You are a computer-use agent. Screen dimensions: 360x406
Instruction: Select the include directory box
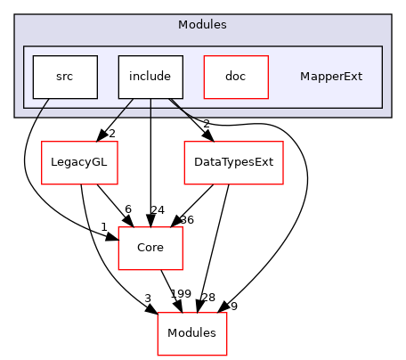150,77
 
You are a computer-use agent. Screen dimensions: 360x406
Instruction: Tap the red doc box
236,77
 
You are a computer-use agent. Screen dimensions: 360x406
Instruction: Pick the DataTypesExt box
232,162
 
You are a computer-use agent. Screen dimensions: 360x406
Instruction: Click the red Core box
150,248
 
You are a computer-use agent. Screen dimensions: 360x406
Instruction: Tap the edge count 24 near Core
157,209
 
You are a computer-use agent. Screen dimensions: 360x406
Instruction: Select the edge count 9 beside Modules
233,307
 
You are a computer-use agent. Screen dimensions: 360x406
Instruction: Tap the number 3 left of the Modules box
149,298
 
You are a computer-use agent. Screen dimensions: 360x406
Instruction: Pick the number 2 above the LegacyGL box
112,134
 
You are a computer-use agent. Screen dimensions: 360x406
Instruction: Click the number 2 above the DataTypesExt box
206,124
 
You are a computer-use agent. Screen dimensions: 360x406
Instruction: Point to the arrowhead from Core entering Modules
181,308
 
